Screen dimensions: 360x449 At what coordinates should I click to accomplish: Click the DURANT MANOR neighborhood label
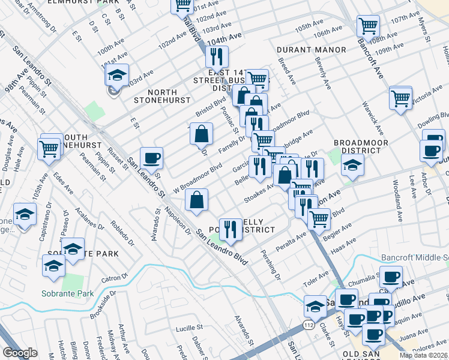tap(311, 49)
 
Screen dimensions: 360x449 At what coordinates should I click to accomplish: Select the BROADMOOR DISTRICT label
tap(361, 146)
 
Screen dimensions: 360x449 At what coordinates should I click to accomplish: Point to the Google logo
tap(20, 353)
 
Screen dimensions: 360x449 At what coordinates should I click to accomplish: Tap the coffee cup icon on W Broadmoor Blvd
tap(151, 158)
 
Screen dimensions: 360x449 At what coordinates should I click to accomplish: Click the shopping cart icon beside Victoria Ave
tap(400, 97)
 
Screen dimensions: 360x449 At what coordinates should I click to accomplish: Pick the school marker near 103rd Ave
tap(116, 76)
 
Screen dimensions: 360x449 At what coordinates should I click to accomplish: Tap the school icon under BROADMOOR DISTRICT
tap(352, 164)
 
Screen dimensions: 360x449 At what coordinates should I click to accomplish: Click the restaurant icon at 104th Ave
tap(216, 56)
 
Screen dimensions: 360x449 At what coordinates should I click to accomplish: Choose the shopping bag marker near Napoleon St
tap(197, 201)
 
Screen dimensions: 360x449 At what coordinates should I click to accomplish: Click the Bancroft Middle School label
tap(414, 257)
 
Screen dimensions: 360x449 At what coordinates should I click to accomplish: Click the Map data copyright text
tap(424, 355)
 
